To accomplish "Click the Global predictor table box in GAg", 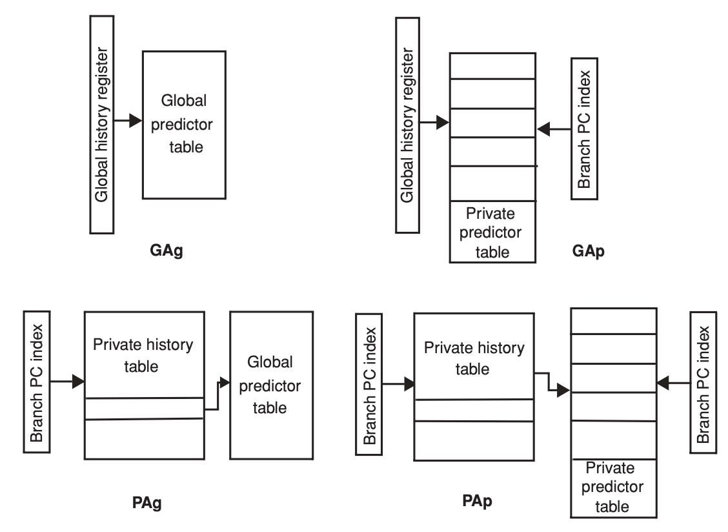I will point(184,125).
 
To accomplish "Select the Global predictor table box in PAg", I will point(271,385).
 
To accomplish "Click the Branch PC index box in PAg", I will point(37,381).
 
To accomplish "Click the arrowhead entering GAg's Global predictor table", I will point(135,121).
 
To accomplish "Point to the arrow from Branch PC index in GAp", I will point(554,130).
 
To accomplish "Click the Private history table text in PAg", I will point(143,355).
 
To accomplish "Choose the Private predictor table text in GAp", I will point(492,232).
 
